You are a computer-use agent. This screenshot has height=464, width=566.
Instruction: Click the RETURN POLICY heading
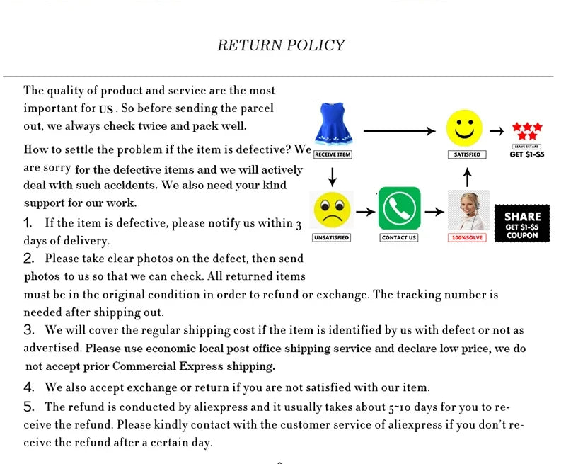click(x=281, y=45)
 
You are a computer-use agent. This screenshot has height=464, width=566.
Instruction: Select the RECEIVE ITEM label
click(x=333, y=154)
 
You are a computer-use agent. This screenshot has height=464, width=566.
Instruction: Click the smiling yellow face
click(x=464, y=128)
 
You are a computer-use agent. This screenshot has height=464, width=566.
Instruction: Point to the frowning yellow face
click(x=333, y=209)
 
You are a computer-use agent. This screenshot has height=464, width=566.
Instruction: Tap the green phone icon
click(x=399, y=208)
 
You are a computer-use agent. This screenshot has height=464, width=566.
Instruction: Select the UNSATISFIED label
click(x=332, y=237)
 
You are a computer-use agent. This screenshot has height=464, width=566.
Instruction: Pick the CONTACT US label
click(x=399, y=237)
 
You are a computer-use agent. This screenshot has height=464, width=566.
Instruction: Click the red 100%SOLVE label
click(x=467, y=237)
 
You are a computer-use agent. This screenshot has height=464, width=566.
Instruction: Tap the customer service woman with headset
click(x=467, y=209)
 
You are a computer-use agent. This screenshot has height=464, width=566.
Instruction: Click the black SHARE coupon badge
click(x=522, y=223)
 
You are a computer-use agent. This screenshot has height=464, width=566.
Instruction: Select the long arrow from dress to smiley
click(x=399, y=130)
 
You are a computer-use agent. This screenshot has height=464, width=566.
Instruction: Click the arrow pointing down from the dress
click(x=332, y=176)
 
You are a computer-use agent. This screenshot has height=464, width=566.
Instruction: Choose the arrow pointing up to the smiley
click(x=466, y=176)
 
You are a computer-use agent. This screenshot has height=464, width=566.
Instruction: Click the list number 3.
click(x=29, y=329)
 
